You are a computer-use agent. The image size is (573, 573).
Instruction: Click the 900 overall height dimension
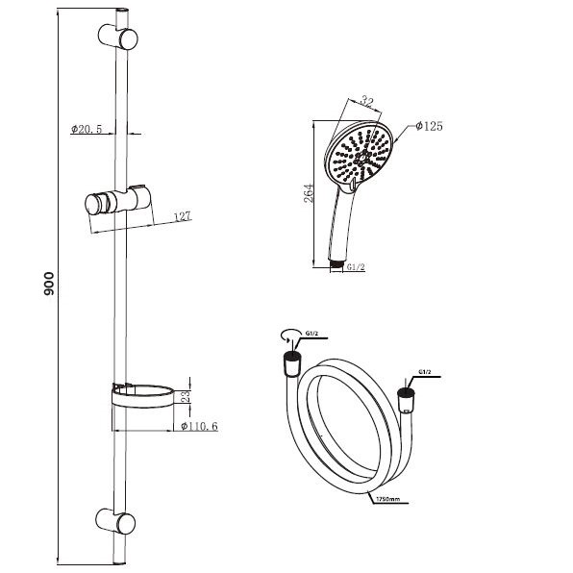tap(48, 284)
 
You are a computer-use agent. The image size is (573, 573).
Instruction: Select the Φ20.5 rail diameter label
tap(87, 129)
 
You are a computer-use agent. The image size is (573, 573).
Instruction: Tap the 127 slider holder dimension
tap(182, 216)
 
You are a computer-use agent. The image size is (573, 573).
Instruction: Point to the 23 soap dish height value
tap(186, 396)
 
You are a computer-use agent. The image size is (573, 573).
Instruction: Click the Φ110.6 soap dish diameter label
tap(199, 426)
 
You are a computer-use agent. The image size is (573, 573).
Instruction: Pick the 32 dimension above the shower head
tap(365, 101)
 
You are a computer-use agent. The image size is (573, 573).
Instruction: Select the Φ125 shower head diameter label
tap(429, 126)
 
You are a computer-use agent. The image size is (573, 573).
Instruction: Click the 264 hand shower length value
tap(309, 193)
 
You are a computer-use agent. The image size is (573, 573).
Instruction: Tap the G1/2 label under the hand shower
tap(356, 267)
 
